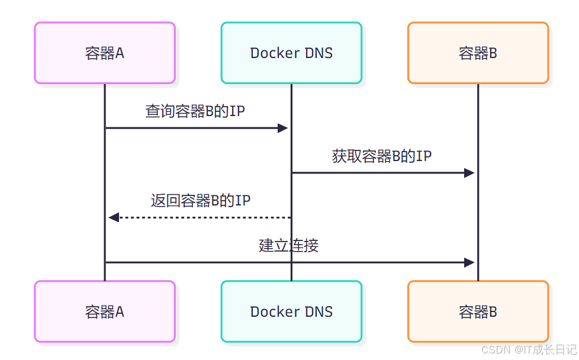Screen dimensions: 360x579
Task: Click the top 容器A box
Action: [105, 53]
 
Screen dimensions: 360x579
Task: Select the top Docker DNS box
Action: [291, 53]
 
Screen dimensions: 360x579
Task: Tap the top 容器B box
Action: [478, 53]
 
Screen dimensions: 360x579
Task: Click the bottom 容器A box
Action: [105, 311]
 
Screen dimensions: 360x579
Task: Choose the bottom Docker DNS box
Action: [291, 311]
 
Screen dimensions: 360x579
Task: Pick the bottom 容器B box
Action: [478, 311]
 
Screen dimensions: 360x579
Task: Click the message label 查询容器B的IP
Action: [195, 111]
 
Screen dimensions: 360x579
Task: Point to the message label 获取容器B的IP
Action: [382, 156]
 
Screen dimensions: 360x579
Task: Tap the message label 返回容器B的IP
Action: [200, 201]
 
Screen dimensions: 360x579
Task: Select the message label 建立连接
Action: [289, 245]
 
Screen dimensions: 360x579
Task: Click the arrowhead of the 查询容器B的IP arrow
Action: [283, 128]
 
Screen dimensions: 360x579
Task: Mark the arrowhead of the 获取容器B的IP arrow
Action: [469, 173]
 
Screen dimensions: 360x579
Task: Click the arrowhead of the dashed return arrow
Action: [114, 217]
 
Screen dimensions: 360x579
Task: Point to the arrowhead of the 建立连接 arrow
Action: [469, 262]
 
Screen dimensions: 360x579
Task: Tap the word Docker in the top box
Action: [275, 53]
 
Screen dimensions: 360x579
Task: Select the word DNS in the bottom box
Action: [319, 311]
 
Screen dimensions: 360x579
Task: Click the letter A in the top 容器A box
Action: [120, 53]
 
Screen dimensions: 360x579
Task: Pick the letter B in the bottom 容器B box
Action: [493, 311]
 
